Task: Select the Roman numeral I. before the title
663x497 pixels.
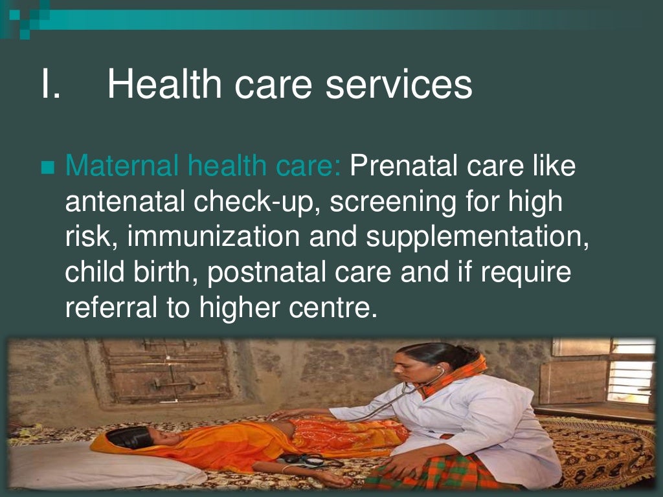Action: coord(50,85)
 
